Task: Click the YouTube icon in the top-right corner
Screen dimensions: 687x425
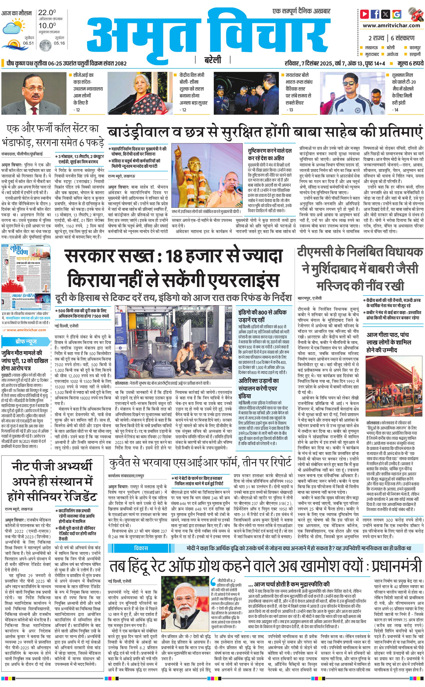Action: pos(365,14)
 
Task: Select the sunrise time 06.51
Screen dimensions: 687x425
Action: pos(28,43)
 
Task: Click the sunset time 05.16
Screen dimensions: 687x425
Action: pos(59,43)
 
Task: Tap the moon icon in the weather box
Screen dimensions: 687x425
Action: pos(45,45)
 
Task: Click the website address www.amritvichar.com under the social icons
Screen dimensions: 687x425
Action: pos(391,26)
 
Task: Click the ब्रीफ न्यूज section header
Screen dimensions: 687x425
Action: pos(26,342)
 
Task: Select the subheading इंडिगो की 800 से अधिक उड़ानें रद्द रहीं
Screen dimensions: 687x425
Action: pos(262,316)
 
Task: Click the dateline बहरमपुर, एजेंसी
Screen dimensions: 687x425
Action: pos(310,298)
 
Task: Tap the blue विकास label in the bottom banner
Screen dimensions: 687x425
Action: pos(141,548)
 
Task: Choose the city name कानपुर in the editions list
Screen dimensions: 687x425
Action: pos(415,48)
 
